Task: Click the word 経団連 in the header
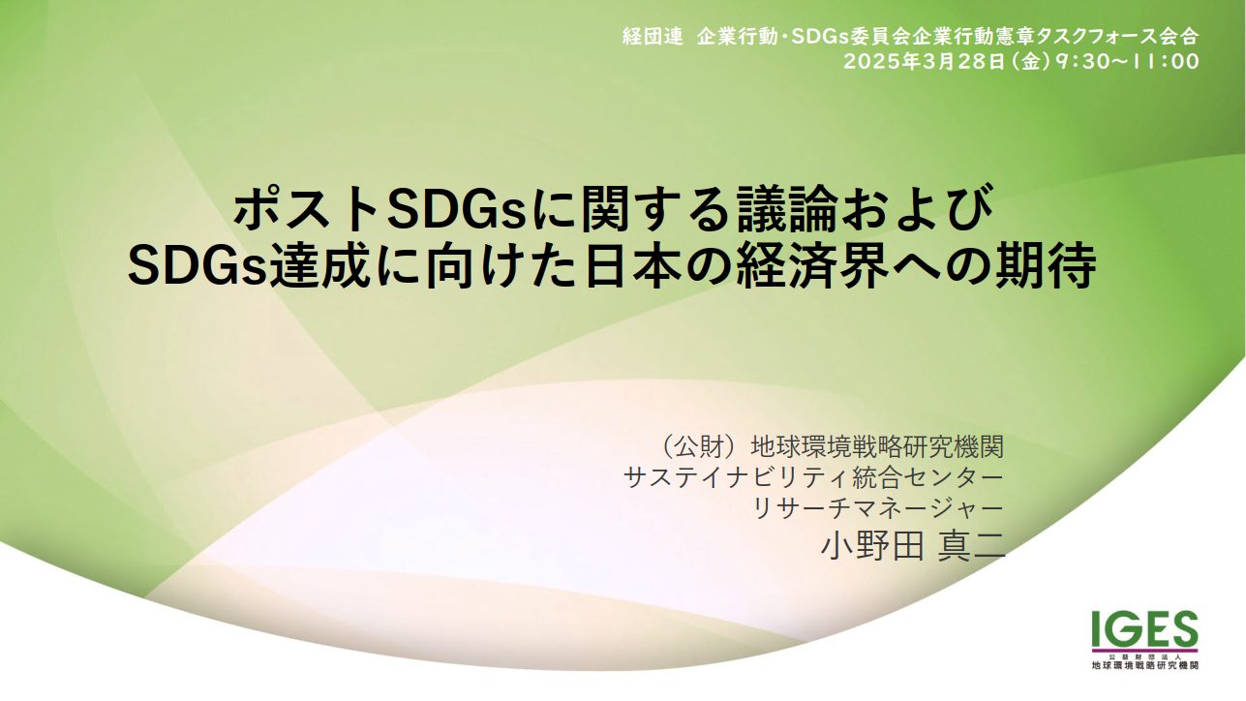pos(653,37)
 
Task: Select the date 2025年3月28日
pos(924,61)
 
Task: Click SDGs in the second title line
pos(198,266)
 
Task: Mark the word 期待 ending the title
pos(1046,266)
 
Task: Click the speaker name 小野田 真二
pos(913,546)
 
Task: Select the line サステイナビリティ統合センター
pos(814,477)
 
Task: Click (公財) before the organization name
pos(702,446)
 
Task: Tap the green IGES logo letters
pos(1144,628)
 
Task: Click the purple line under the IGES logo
pos(1144,651)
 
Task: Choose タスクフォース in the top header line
pos(1089,37)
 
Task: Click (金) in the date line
pos(1029,61)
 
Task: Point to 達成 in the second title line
pos(319,266)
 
